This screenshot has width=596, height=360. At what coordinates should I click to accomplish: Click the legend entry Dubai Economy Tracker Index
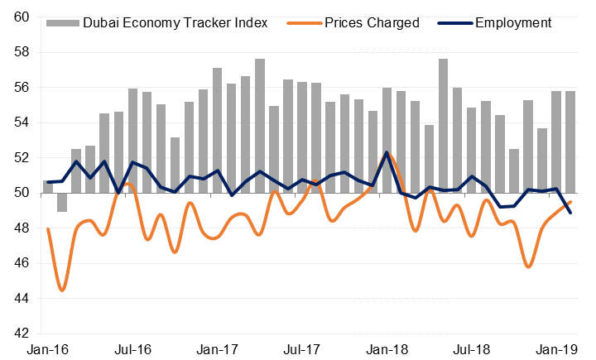point(175,22)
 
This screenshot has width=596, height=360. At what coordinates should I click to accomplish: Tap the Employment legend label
point(513,22)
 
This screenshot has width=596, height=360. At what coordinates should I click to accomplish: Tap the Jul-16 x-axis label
point(133,350)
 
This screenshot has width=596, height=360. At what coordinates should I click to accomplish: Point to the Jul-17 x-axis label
point(303,350)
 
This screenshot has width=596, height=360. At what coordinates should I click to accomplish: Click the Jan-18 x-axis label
point(387,350)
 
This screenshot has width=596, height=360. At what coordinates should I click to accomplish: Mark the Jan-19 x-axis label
point(557,350)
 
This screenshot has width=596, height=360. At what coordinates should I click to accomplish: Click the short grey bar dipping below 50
point(62,202)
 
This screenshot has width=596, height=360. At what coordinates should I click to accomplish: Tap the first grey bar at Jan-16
point(48,186)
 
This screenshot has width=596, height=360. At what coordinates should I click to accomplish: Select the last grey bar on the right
point(570,142)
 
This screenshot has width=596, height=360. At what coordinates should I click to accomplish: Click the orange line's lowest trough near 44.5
point(62,290)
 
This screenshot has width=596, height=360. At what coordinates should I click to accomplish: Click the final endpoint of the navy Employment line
point(570,213)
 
